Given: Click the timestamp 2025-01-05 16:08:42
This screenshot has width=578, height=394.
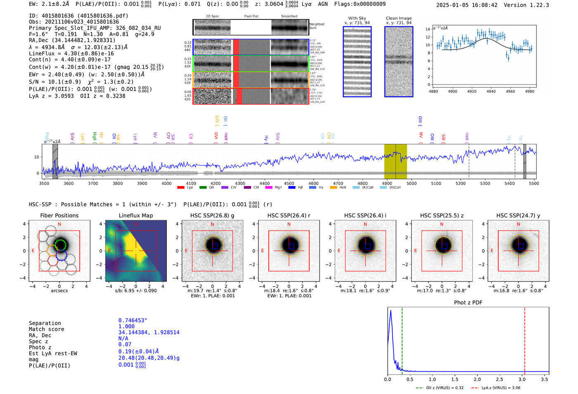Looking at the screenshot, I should coord(467,5).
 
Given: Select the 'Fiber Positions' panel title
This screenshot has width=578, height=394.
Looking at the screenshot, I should coord(59,215).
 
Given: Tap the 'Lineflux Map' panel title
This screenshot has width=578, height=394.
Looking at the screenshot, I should coord(135,215).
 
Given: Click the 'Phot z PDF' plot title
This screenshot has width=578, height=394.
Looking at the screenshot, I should coord(468,302).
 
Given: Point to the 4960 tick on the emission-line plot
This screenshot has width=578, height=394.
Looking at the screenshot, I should coord(510,91).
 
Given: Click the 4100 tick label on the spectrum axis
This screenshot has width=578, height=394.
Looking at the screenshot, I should coord(191,183).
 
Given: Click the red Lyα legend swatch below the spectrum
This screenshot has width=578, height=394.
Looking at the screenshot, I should coord(180,188).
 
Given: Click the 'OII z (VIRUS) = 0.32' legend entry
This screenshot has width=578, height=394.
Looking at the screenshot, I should coord(439,388).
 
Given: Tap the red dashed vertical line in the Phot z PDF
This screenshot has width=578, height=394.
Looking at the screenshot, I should coord(525,339).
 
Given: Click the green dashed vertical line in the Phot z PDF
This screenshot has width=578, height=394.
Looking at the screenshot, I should coord(402,339).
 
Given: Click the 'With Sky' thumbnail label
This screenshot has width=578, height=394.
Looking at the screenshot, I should coord(357,18).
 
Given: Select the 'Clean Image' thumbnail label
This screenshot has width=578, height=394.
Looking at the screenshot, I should coord(398,18).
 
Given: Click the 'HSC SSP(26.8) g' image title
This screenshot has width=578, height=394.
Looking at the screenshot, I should coord(212,215).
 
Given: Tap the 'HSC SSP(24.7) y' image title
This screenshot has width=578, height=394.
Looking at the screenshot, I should coord(518,215).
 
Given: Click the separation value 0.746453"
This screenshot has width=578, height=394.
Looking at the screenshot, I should coord(133,320).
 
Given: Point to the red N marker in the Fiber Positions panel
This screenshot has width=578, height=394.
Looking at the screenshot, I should coord(59,224).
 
